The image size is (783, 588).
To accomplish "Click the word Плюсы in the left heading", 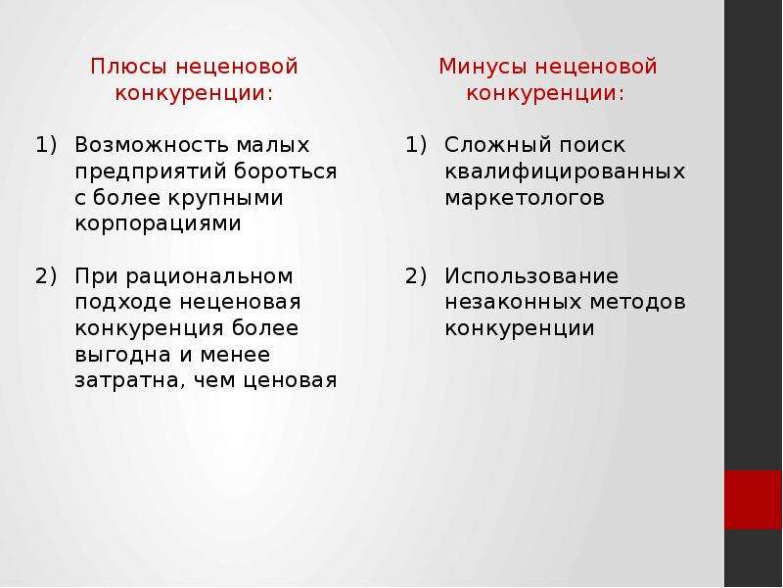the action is pos(129,67).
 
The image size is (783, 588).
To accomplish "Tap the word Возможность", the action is pos(152,145).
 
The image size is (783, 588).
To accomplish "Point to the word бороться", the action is pos(285,171).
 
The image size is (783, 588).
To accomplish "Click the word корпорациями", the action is pos(158,224).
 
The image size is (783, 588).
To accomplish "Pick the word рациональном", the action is pos(209,277).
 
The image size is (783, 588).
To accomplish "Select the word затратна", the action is pos(128,381).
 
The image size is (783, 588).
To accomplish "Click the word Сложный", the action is pos(497,145).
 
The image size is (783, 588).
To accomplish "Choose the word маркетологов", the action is pos(525,198).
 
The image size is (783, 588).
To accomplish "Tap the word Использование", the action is pos(531,276).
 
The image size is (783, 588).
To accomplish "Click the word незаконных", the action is pos(513,302).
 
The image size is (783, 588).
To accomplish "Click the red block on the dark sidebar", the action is pos(753,500).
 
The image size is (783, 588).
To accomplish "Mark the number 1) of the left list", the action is pos(46,145).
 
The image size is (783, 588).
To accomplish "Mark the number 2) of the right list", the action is pos(416,276).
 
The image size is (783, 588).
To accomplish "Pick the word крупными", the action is pos(225,199).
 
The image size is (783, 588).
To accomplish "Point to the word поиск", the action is pos(592,145).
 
